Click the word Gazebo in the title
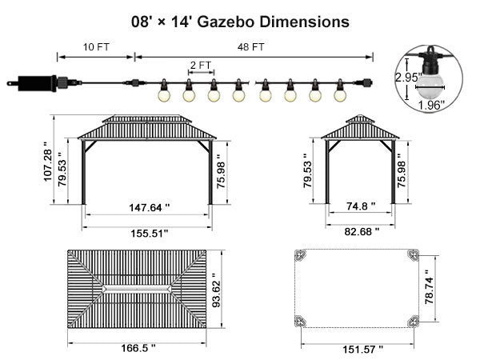point(226,22)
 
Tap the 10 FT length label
point(96,47)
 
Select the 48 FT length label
point(250,47)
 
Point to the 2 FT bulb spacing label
point(201,66)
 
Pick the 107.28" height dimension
point(48,162)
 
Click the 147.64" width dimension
point(149,208)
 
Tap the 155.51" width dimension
point(150,234)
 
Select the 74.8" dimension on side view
point(361,206)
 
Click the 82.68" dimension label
point(362,232)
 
